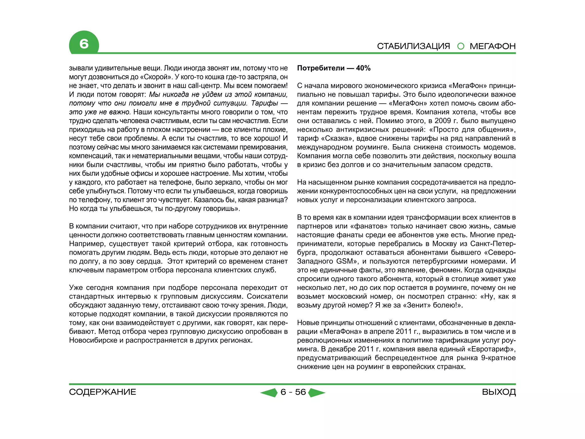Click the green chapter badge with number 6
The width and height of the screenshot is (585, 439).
pos(84,43)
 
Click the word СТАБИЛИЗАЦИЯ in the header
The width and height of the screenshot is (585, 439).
pos(413,46)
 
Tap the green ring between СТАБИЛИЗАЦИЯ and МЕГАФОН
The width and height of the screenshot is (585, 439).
pos(460,46)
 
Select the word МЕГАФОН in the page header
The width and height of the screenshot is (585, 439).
pos(492,46)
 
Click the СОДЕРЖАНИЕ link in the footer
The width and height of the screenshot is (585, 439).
pos(103,392)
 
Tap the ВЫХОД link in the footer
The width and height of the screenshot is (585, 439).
pos(499,392)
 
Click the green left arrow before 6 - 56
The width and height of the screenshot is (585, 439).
pos(269,393)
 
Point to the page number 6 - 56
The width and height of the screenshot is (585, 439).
pos(293,392)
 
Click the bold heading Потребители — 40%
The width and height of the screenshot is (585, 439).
pos(334,68)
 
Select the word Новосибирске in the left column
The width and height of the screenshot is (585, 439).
pos(93,340)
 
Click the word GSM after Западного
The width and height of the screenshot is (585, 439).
pos(344,261)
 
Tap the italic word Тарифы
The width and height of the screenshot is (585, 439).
pos(265,103)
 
